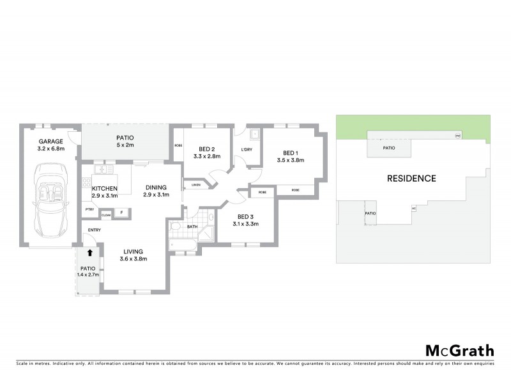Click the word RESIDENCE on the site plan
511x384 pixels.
pos(411,179)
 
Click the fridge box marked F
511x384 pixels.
pos(121,212)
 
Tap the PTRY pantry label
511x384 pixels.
pos(89,209)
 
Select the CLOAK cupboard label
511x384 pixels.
pos(106,215)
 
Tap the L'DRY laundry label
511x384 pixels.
pos(247,150)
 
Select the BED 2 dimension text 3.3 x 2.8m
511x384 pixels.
pos(206,156)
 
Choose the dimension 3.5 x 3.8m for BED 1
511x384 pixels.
pos(290,161)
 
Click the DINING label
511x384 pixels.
pos(156,186)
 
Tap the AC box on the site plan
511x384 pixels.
pos(414,208)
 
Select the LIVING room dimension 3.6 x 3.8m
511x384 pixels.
pos(133,259)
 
